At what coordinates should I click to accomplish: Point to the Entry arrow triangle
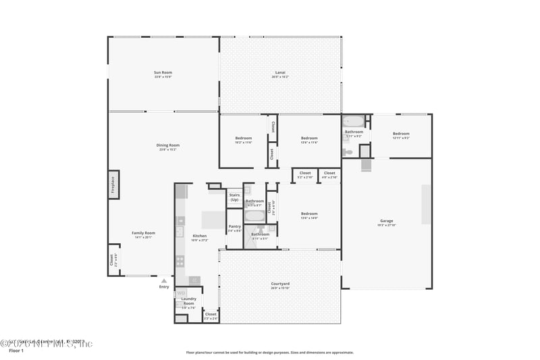(x=164, y=280)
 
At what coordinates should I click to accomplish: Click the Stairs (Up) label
(x=234, y=197)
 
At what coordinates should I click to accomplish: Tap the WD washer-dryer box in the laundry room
(x=181, y=293)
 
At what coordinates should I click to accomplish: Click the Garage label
(x=386, y=221)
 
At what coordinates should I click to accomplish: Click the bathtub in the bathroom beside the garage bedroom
(x=354, y=122)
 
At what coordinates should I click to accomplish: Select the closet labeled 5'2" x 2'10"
(x=304, y=174)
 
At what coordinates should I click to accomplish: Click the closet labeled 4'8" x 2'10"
(x=329, y=174)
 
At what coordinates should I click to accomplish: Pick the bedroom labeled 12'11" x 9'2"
(x=401, y=134)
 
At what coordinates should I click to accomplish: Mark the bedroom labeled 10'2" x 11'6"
(x=243, y=139)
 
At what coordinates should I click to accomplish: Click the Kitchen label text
(x=200, y=236)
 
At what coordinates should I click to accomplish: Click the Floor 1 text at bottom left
(x=16, y=351)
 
